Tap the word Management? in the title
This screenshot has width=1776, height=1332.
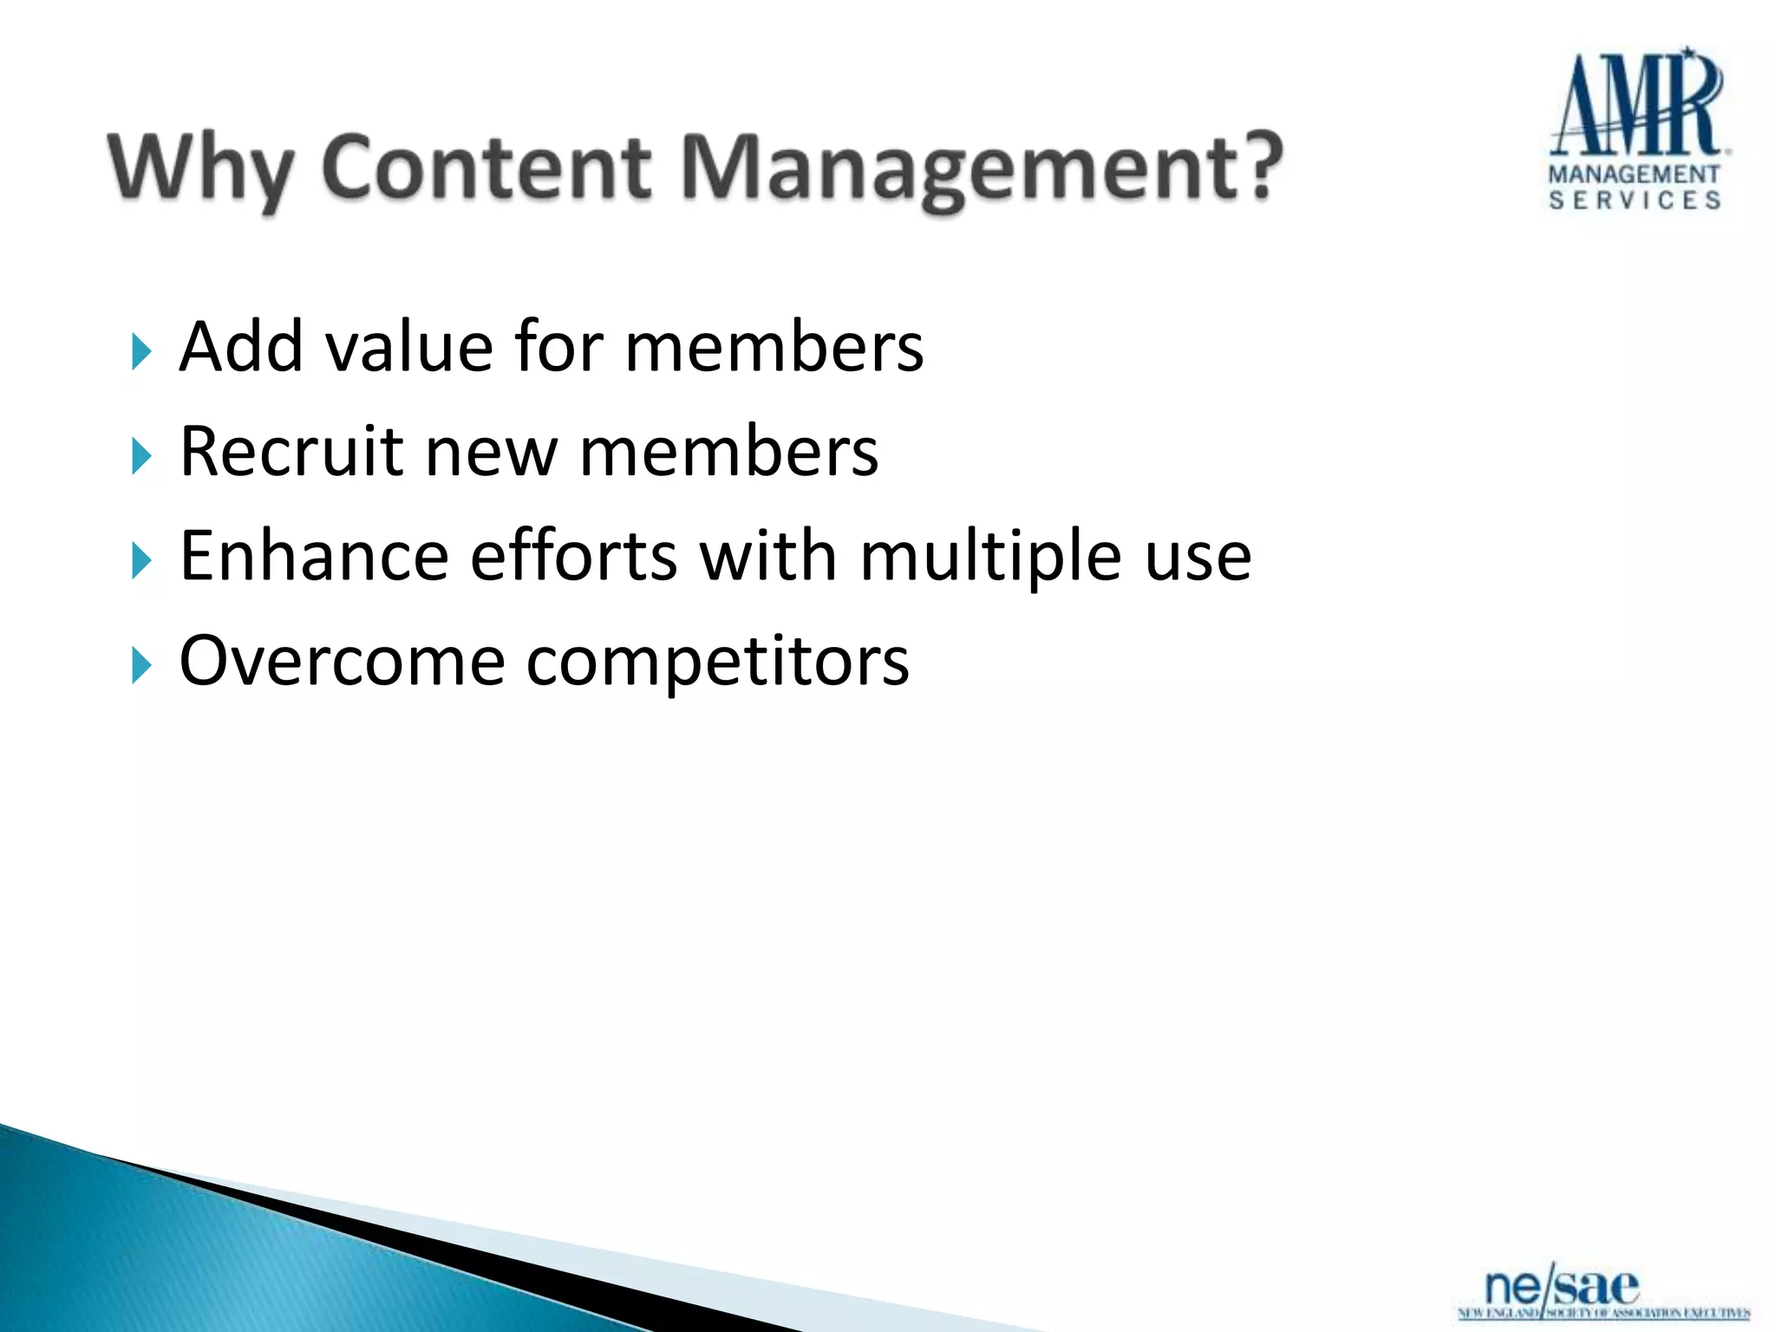pos(980,169)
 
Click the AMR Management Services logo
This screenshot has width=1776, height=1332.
pos(1636,130)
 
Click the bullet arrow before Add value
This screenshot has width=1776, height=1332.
pos(141,352)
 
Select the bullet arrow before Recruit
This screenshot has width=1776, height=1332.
pos(141,456)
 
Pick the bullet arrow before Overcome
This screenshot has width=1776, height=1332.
pos(141,666)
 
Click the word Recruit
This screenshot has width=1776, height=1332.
pos(291,452)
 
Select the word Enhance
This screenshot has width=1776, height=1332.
pos(314,556)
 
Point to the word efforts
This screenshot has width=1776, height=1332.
pos(573,556)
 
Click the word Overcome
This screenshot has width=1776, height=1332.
pos(342,662)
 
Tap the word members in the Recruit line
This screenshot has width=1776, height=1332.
pos(728,452)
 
